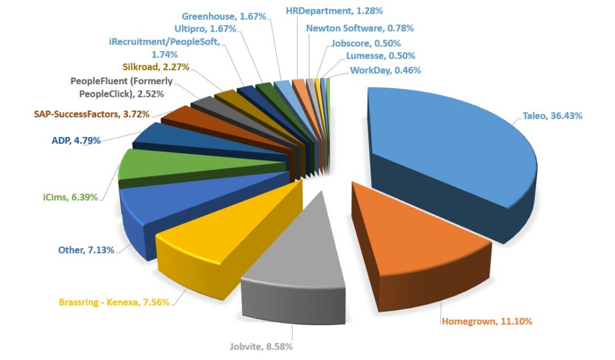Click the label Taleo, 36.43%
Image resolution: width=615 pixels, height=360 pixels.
click(552, 116)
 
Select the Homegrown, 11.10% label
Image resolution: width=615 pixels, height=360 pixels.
click(486, 321)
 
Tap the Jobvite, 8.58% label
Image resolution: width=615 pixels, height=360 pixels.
click(262, 346)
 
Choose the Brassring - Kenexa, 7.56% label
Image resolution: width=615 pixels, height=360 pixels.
click(114, 302)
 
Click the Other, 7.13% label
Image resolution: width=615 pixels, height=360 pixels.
click(86, 249)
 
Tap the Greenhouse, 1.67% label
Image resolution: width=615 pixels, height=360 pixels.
click(223, 16)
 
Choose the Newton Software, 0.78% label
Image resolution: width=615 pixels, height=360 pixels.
click(359, 28)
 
